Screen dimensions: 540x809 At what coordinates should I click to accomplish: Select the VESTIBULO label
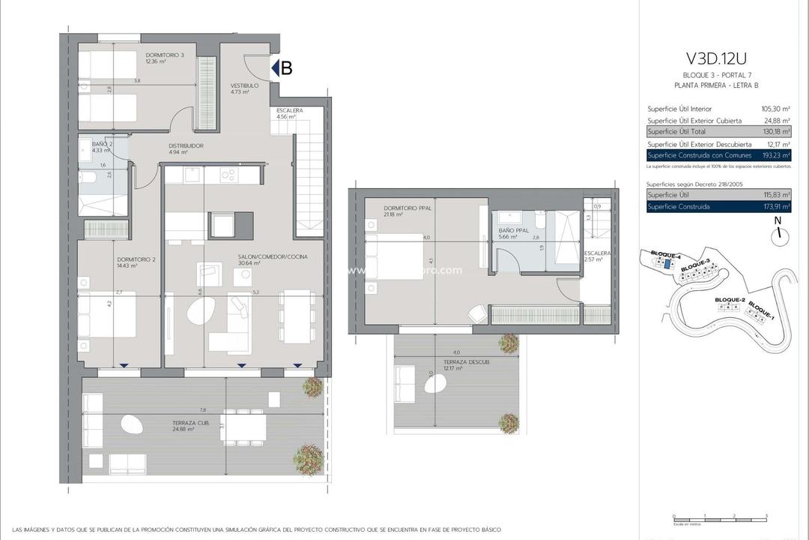point(244,86)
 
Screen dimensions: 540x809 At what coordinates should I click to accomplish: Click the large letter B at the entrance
point(285,67)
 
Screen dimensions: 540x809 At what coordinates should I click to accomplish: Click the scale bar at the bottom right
point(720,517)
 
